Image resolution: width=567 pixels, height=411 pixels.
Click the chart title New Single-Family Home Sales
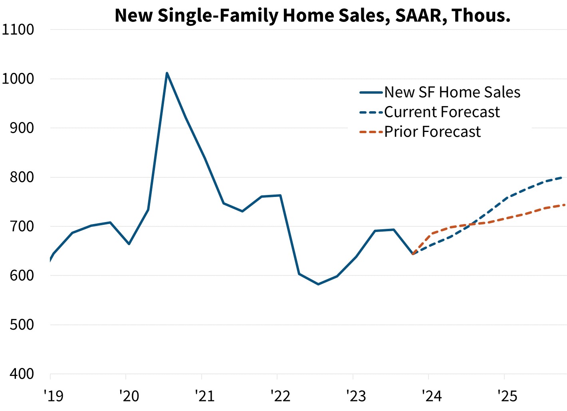[x=313, y=15]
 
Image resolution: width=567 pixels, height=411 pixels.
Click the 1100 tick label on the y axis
[x=18, y=29]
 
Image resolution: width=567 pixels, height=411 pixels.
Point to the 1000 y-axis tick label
[x=18, y=79]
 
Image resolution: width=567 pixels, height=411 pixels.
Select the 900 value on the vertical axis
[x=22, y=128]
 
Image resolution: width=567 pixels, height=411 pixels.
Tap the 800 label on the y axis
[x=22, y=177]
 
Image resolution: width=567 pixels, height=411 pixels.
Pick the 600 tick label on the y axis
[x=22, y=275]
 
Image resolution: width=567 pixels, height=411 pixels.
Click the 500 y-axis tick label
[x=22, y=324]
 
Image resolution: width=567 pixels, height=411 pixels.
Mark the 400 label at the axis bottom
[x=22, y=374]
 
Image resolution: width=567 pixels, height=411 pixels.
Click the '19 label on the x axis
[x=54, y=396]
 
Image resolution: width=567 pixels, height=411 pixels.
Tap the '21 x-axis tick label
[x=205, y=396]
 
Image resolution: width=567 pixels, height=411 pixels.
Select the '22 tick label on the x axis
[x=281, y=396]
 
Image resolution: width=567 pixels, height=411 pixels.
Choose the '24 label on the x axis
[x=432, y=396]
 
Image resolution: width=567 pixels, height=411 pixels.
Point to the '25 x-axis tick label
[x=508, y=396]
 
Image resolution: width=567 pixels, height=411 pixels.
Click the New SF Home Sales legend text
[x=452, y=92]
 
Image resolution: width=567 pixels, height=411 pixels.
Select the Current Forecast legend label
[x=442, y=112]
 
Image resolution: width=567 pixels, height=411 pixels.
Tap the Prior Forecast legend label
[x=432, y=132]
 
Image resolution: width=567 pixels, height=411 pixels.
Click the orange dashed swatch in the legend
[x=371, y=132]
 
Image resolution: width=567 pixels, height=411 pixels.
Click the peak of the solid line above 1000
[x=167, y=73]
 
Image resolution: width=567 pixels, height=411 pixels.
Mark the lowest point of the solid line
[x=318, y=284]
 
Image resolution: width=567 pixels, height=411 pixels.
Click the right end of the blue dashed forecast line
[x=561, y=177]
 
